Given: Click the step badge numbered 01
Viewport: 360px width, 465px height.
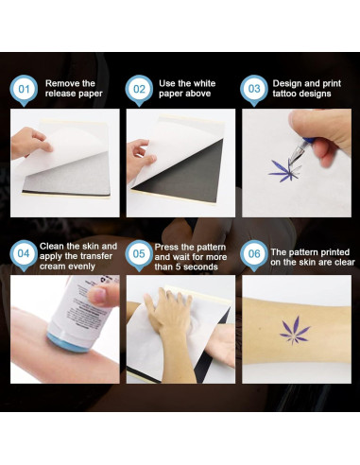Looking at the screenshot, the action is (x=24, y=90).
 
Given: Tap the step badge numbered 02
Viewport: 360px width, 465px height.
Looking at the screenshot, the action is (x=139, y=90).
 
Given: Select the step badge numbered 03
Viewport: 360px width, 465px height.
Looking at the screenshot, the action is (x=254, y=90).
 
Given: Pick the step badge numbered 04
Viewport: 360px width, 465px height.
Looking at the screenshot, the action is (x=24, y=254).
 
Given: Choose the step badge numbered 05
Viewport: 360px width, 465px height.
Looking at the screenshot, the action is (x=139, y=254).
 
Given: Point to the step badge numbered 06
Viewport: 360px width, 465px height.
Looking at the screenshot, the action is (x=254, y=254).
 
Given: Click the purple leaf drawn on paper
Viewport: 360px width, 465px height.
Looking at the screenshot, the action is (x=285, y=170).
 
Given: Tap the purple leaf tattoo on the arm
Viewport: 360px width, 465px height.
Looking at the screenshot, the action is (x=295, y=331).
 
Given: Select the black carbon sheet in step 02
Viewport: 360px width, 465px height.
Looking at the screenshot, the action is (x=186, y=173).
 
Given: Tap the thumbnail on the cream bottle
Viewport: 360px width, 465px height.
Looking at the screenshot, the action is (x=99, y=297).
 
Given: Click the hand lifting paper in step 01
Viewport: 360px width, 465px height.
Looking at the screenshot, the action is (x=30, y=143).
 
